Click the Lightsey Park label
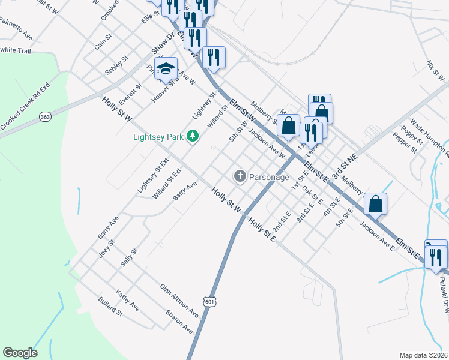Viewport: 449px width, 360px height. click(x=158, y=137)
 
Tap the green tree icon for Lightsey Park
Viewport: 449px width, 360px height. click(x=193, y=137)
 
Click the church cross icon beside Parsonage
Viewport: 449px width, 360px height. click(x=240, y=176)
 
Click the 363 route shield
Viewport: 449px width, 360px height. click(x=45, y=116)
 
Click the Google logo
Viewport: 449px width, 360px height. click(x=20, y=353)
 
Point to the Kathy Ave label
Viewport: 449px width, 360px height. click(x=128, y=298)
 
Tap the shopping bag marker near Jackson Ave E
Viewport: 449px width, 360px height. click(x=376, y=203)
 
